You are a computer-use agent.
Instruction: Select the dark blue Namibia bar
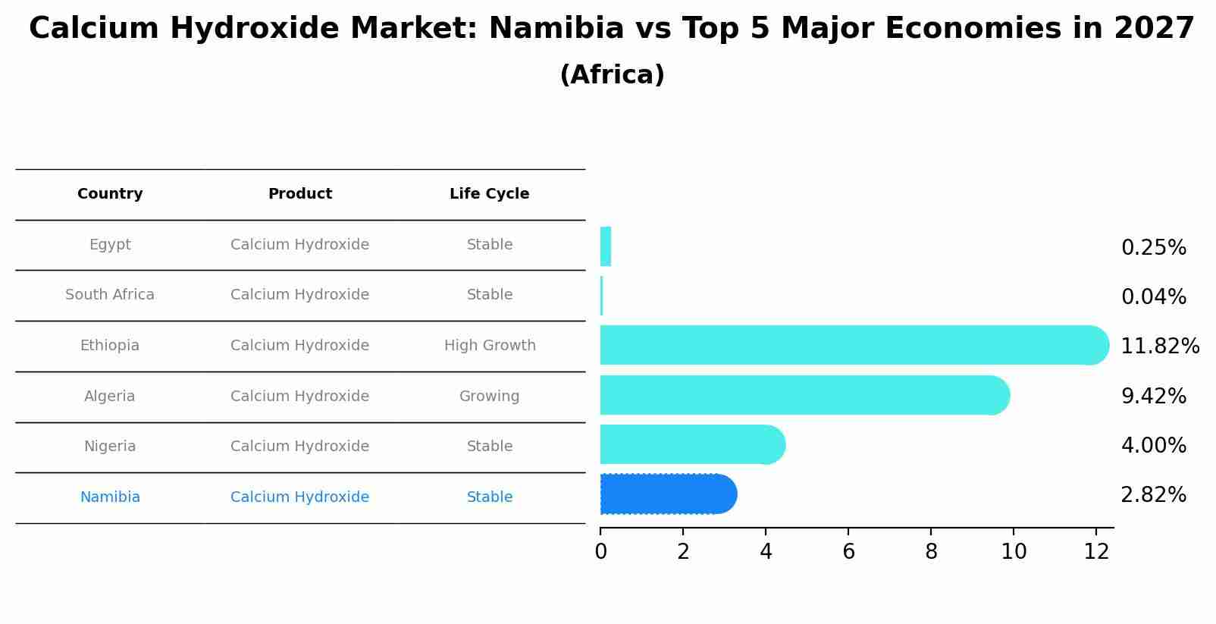[x=667, y=494]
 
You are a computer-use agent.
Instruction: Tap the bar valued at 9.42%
[x=804, y=395]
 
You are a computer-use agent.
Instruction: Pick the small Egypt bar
[x=605, y=246]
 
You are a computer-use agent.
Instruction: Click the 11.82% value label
[x=1159, y=346]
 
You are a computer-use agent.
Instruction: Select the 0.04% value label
[x=1153, y=297]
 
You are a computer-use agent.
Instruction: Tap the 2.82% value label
[x=1153, y=495]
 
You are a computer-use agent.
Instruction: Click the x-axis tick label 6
[x=848, y=552]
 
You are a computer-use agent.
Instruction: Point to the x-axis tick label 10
[x=1014, y=552]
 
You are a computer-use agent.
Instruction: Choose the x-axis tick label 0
[x=600, y=552]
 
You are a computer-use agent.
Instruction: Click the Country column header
[x=110, y=194]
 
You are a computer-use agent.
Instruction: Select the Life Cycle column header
[x=489, y=194]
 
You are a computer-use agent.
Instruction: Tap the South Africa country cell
[x=110, y=295]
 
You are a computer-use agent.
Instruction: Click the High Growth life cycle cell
[x=490, y=346]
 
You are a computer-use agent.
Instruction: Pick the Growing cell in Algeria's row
[x=489, y=397]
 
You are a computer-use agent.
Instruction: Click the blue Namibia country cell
[x=110, y=497]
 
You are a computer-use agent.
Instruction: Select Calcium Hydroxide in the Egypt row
[x=299, y=245]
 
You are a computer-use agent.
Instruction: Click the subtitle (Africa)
[x=612, y=75]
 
